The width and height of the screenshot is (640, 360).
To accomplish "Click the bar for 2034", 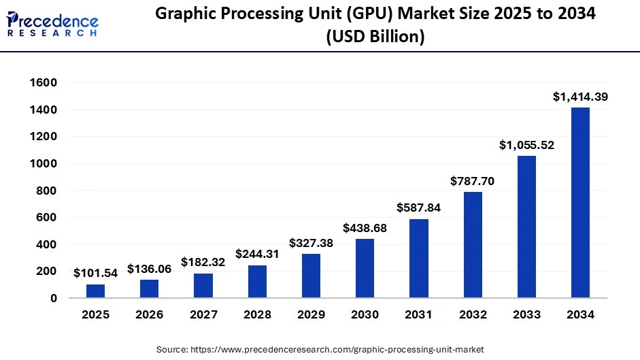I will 580,203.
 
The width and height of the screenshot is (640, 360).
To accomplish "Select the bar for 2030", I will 365,268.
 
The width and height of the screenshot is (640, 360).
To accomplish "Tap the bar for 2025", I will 95,291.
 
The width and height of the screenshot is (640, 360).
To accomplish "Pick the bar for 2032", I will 473,245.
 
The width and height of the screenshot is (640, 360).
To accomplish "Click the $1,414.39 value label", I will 580,97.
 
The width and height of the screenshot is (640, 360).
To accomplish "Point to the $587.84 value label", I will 418,208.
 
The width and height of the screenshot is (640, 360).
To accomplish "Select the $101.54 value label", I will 96,274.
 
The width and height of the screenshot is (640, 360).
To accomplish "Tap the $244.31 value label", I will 257,254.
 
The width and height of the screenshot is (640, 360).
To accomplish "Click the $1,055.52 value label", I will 526,145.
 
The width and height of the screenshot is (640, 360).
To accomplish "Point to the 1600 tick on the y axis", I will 44,83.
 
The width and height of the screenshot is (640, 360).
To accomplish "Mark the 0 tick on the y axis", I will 53,298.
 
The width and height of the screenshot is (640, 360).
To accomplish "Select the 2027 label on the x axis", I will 203,315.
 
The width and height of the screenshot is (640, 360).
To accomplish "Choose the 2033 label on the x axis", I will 526,315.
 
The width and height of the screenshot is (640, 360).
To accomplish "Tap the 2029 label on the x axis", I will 311,315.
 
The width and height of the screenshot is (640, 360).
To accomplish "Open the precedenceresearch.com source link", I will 338,349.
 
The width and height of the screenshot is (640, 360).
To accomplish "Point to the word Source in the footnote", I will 171,349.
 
